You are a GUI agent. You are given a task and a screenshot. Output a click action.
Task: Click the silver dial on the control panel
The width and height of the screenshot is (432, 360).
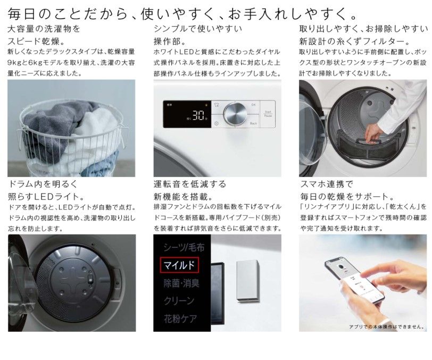tap(235, 113)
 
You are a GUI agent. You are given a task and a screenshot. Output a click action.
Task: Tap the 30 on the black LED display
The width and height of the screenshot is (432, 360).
tap(198, 116)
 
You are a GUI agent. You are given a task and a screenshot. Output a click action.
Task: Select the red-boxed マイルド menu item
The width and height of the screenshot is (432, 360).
tap(179, 265)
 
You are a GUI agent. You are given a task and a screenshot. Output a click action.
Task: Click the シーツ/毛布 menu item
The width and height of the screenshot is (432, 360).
tap(184, 247)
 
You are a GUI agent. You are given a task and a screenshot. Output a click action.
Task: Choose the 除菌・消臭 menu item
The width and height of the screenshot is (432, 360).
tap(181, 283)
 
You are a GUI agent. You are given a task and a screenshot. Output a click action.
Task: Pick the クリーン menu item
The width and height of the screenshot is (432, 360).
tap(179, 300)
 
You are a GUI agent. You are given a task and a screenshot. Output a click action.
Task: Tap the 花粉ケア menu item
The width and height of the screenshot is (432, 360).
tap(181, 319)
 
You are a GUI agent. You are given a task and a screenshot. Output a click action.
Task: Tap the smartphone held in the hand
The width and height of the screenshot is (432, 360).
tap(354, 280)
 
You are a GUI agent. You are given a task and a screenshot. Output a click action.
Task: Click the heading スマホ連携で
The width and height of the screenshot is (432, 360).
tap(327, 183)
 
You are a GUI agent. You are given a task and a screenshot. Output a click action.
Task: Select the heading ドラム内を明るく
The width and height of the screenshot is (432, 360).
tap(43, 183)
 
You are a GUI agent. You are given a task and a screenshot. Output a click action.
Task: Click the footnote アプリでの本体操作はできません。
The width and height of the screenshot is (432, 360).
tap(387, 326)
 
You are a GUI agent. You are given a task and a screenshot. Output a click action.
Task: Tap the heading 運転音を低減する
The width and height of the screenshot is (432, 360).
tap(190, 183)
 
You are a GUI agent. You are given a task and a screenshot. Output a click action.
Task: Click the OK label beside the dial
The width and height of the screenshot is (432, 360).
tap(253, 105)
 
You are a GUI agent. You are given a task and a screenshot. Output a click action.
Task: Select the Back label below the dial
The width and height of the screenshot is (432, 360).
tap(253, 123)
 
